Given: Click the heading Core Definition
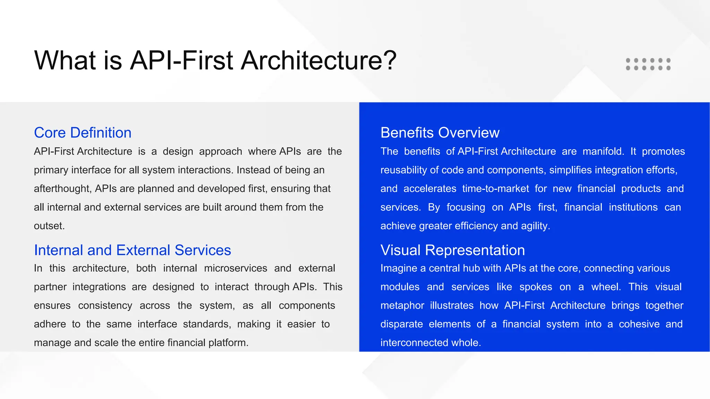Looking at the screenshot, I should pyautogui.click(x=83, y=133).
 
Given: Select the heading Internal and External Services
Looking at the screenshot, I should pyautogui.click(x=132, y=250).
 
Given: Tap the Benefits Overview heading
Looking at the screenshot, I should pyautogui.click(x=440, y=133).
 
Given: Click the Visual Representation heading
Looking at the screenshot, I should pyautogui.click(x=452, y=250).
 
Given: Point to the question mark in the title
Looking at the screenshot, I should pyautogui.click(x=390, y=60).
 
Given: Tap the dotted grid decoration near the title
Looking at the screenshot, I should pyautogui.click(x=648, y=64).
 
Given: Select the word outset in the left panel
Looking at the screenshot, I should pyautogui.click(x=49, y=226).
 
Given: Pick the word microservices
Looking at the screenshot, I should pyautogui.click(x=235, y=268).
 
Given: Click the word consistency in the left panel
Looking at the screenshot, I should pyautogui.click(x=105, y=305).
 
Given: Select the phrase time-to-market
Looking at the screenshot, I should pyautogui.click(x=495, y=188).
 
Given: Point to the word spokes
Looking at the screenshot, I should pyautogui.click(x=535, y=287).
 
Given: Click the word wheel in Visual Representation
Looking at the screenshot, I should pyautogui.click(x=605, y=287).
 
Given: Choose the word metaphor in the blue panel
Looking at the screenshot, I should pyautogui.click(x=402, y=305).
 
